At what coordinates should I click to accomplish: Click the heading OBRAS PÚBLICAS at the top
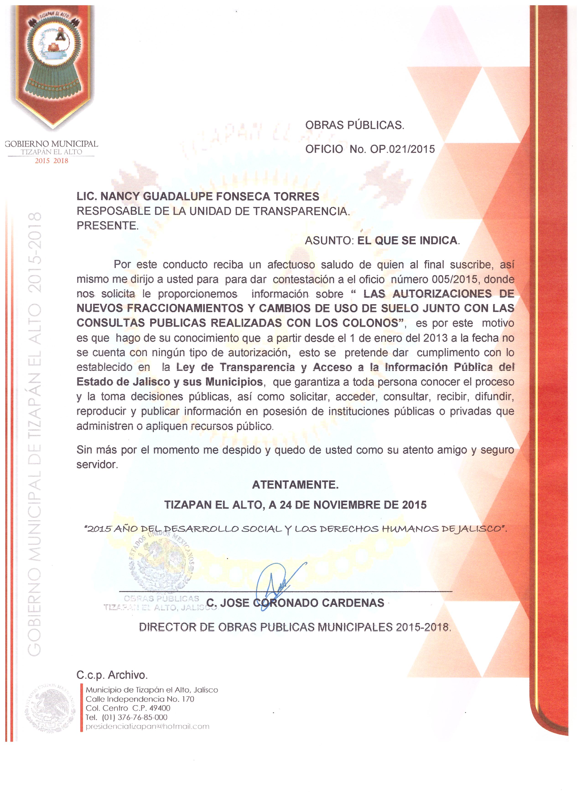(x=354, y=125)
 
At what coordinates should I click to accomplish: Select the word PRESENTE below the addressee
(x=107, y=226)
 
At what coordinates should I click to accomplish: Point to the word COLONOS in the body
(x=374, y=323)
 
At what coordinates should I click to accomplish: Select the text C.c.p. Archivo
(x=112, y=675)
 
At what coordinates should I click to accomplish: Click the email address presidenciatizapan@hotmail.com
(x=147, y=726)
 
